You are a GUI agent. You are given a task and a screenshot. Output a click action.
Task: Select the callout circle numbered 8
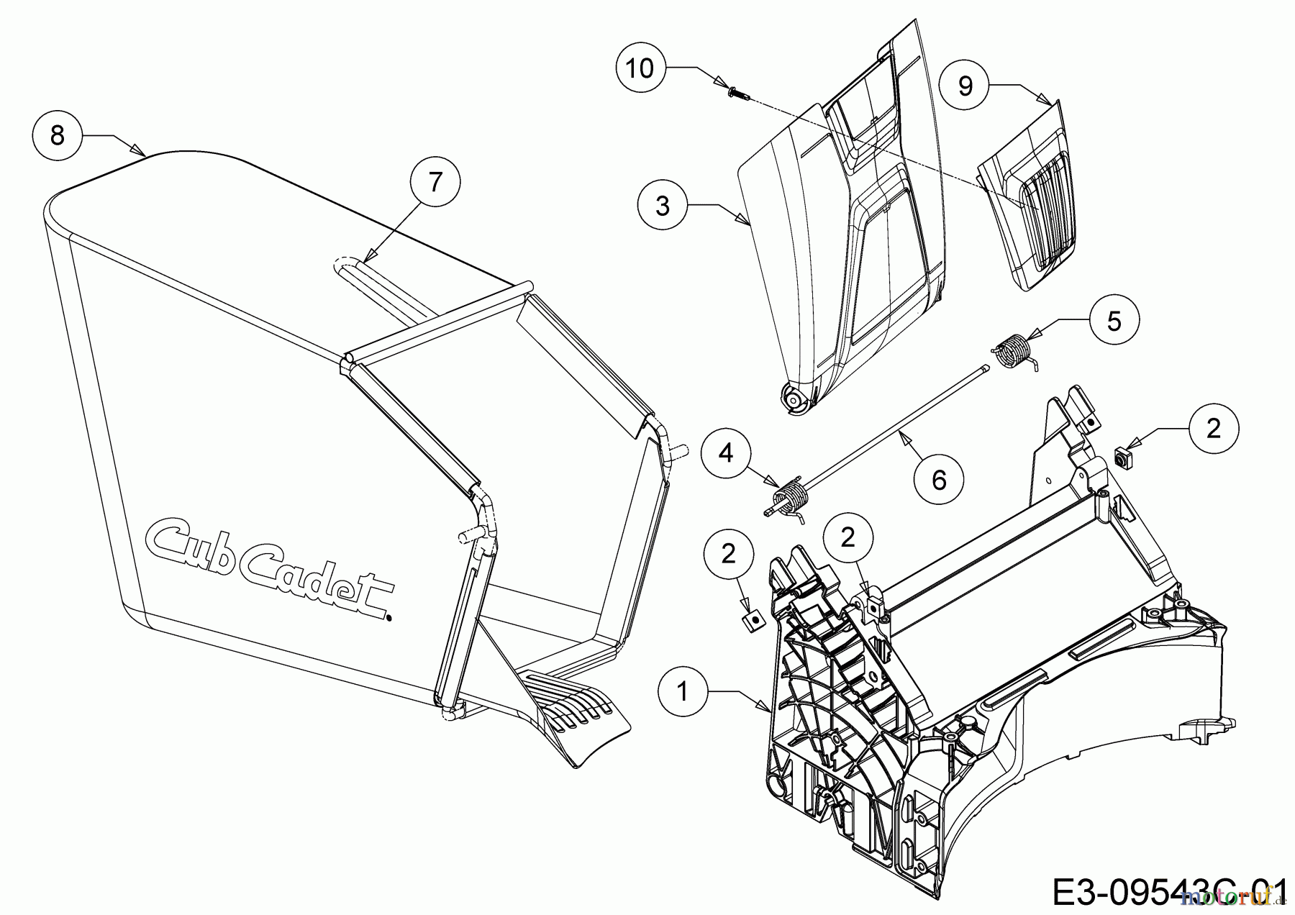(58, 135)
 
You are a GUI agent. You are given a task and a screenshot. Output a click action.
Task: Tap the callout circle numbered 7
(435, 183)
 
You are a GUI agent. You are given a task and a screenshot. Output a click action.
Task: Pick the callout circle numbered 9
(965, 86)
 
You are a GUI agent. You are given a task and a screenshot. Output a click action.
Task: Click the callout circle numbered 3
(663, 205)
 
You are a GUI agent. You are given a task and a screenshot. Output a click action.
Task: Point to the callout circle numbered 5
(1114, 320)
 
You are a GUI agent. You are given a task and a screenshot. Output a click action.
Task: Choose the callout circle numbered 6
(939, 480)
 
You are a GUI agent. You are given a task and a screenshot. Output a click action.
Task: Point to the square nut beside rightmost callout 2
(1121, 456)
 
